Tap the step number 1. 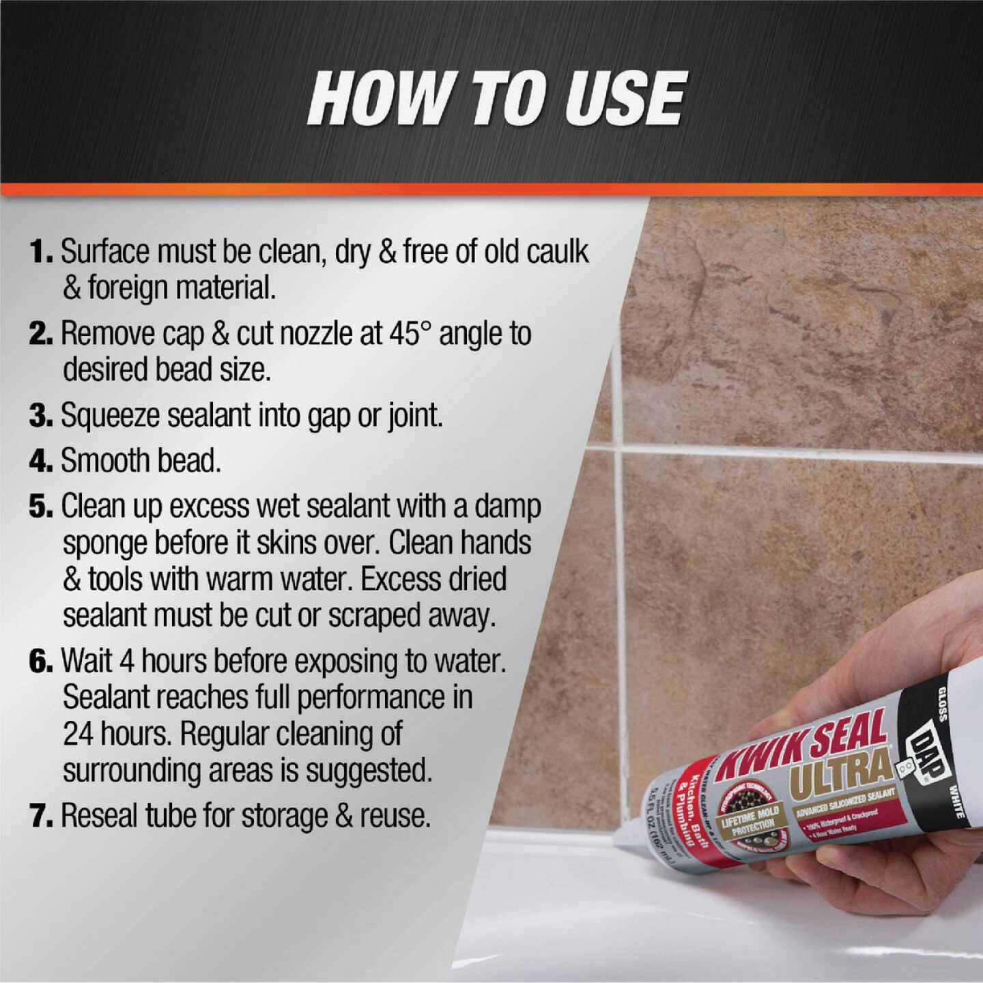(41, 252)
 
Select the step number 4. (41, 461)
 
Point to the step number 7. (41, 816)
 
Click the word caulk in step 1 (556, 252)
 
